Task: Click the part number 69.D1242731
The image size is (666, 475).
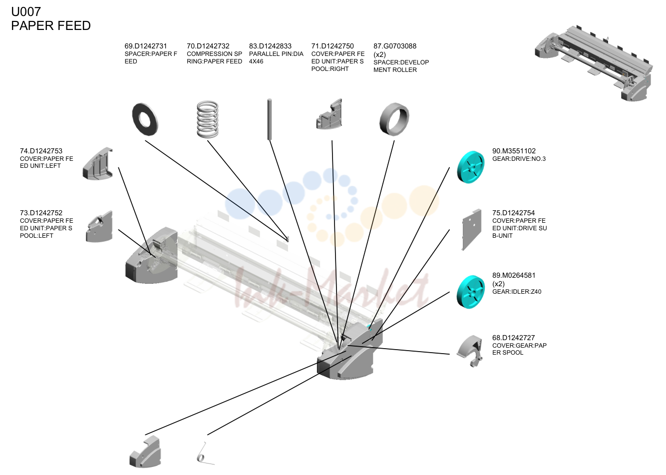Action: click(146, 46)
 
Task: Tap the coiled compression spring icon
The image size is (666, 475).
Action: click(208, 119)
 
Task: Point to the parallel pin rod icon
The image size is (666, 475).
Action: click(270, 119)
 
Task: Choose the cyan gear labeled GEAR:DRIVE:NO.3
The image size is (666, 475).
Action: click(470, 167)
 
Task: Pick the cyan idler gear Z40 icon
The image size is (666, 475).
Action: click(470, 292)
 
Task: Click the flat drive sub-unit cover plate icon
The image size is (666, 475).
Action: click(472, 229)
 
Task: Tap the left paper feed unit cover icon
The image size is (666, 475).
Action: click(97, 164)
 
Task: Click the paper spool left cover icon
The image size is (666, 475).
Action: click(99, 227)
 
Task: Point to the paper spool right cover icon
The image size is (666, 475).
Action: click(329, 114)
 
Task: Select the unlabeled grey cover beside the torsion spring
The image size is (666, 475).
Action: click(145, 452)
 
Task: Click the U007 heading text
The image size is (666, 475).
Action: click(26, 12)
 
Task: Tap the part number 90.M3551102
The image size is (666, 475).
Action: click(514, 151)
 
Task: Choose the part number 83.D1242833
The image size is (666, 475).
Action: click(270, 46)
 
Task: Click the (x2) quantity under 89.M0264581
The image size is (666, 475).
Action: click(499, 284)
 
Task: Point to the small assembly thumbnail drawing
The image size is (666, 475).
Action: click(594, 63)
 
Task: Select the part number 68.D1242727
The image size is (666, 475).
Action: click(513, 338)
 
